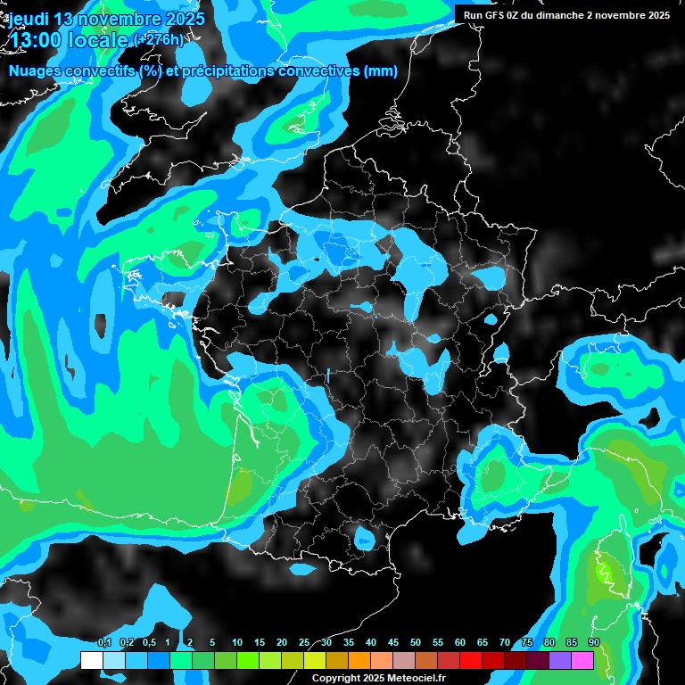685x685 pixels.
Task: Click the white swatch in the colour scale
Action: point(91,660)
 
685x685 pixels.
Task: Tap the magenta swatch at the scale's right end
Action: point(582,660)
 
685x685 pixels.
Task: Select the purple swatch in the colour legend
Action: point(560,660)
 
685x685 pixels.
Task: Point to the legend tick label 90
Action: point(593,642)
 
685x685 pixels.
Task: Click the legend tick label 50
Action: point(416,642)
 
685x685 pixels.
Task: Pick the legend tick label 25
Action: point(304,642)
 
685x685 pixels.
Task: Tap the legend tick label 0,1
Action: point(104,642)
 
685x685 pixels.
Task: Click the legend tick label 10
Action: point(237,642)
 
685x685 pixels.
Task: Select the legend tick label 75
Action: point(527,642)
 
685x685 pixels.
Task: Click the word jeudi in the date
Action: point(29,19)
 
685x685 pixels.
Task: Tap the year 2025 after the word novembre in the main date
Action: point(183,19)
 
